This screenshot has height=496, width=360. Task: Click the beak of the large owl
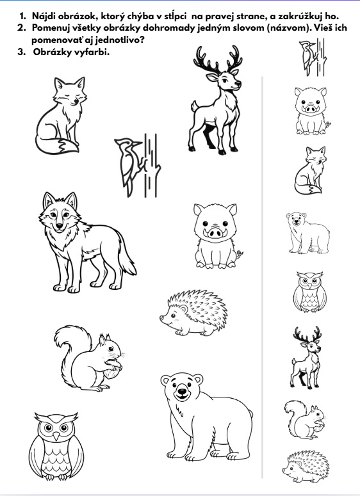pos(56,436)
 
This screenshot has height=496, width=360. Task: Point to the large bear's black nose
pos(182,391)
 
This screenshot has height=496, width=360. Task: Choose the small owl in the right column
pos(309,292)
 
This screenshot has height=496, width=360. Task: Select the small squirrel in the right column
pos(305,419)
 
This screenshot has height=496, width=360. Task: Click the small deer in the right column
pos(306,358)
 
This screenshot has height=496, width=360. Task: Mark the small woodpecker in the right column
pos(312,57)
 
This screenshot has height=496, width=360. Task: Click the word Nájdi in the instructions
pos(44,16)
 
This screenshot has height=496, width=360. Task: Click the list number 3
pos(22,52)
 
